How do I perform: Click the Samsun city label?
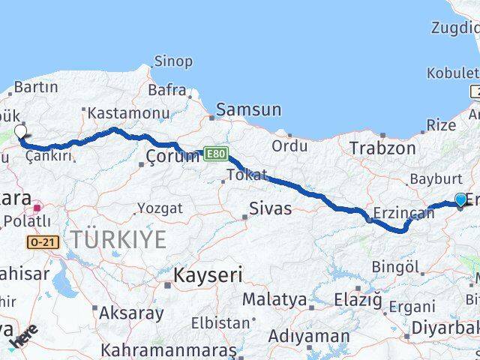(248, 109)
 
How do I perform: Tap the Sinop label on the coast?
(173, 61)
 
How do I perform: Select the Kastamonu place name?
(128, 112)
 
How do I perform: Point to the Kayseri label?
(208, 275)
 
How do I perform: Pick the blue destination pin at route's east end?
(460, 200)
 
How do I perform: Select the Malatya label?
(274, 301)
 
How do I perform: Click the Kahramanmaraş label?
(168, 350)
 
